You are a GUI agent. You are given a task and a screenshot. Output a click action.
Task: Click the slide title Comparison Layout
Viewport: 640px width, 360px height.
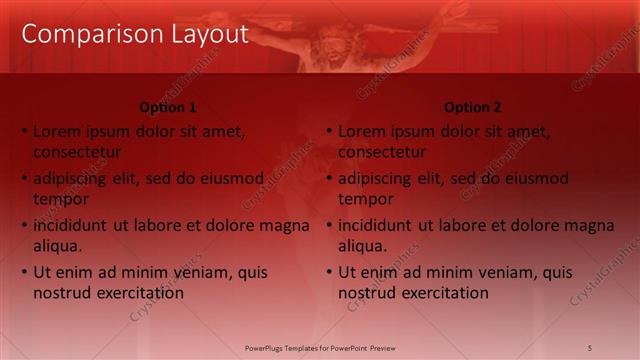coord(134,34)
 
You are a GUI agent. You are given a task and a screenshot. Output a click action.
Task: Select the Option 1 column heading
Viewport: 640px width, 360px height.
coord(167,107)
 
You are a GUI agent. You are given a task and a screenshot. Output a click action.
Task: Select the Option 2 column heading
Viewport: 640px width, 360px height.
coord(473,107)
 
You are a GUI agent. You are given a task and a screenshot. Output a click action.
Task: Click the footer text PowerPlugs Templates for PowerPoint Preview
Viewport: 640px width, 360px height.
coord(320,347)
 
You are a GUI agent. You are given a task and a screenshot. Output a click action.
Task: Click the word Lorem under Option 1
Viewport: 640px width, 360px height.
coord(56,131)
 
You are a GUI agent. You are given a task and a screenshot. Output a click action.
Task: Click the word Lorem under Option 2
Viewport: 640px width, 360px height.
coord(361,131)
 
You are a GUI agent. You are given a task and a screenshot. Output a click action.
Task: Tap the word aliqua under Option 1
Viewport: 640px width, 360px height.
coord(57,246)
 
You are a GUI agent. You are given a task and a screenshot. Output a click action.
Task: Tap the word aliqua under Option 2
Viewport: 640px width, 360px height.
coord(362,246)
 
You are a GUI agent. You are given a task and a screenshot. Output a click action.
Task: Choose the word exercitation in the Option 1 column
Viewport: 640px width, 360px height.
coord(139,293)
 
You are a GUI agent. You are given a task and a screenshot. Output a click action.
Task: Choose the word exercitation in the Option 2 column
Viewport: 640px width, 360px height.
coord(444,293)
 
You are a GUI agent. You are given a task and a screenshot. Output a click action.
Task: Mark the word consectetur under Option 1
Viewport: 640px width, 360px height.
coord(77,153)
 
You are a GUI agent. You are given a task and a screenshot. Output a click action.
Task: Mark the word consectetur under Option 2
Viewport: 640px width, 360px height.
coord(382,153)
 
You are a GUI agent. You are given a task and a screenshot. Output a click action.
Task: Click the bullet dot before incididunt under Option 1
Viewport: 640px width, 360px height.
coord(24,226)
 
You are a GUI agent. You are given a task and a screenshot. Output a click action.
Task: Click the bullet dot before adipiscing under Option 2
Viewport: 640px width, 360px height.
coord(329,179)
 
